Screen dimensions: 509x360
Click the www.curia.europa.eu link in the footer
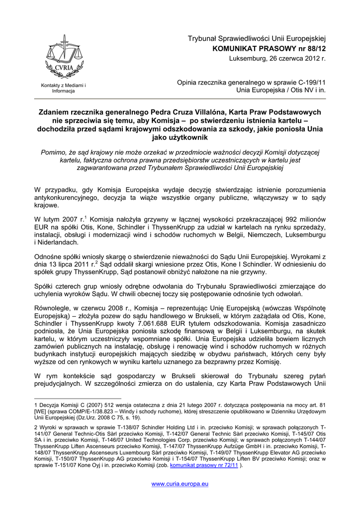(x=180, y=484)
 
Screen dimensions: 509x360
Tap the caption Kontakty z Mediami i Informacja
(x=63, y=88)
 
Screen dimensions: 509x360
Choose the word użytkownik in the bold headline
(x=180, y=137)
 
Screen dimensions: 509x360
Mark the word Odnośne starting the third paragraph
(x=49, y=257)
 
